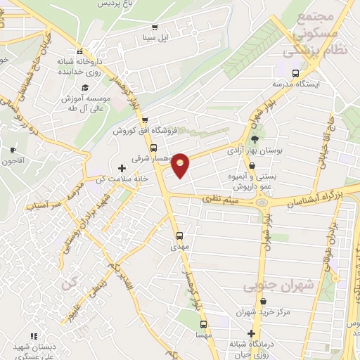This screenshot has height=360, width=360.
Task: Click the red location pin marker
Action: (181, 164)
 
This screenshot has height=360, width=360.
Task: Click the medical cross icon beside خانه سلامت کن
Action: (122, 168)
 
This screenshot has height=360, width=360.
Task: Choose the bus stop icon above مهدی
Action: (179, 236)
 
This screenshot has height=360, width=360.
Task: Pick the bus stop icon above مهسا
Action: (204, 324)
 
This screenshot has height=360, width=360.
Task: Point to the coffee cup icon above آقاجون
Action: (13, 150)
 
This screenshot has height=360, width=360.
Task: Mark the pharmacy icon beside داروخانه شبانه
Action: (81, 51)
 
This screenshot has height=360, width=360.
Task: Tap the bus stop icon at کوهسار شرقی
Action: (154, 146)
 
